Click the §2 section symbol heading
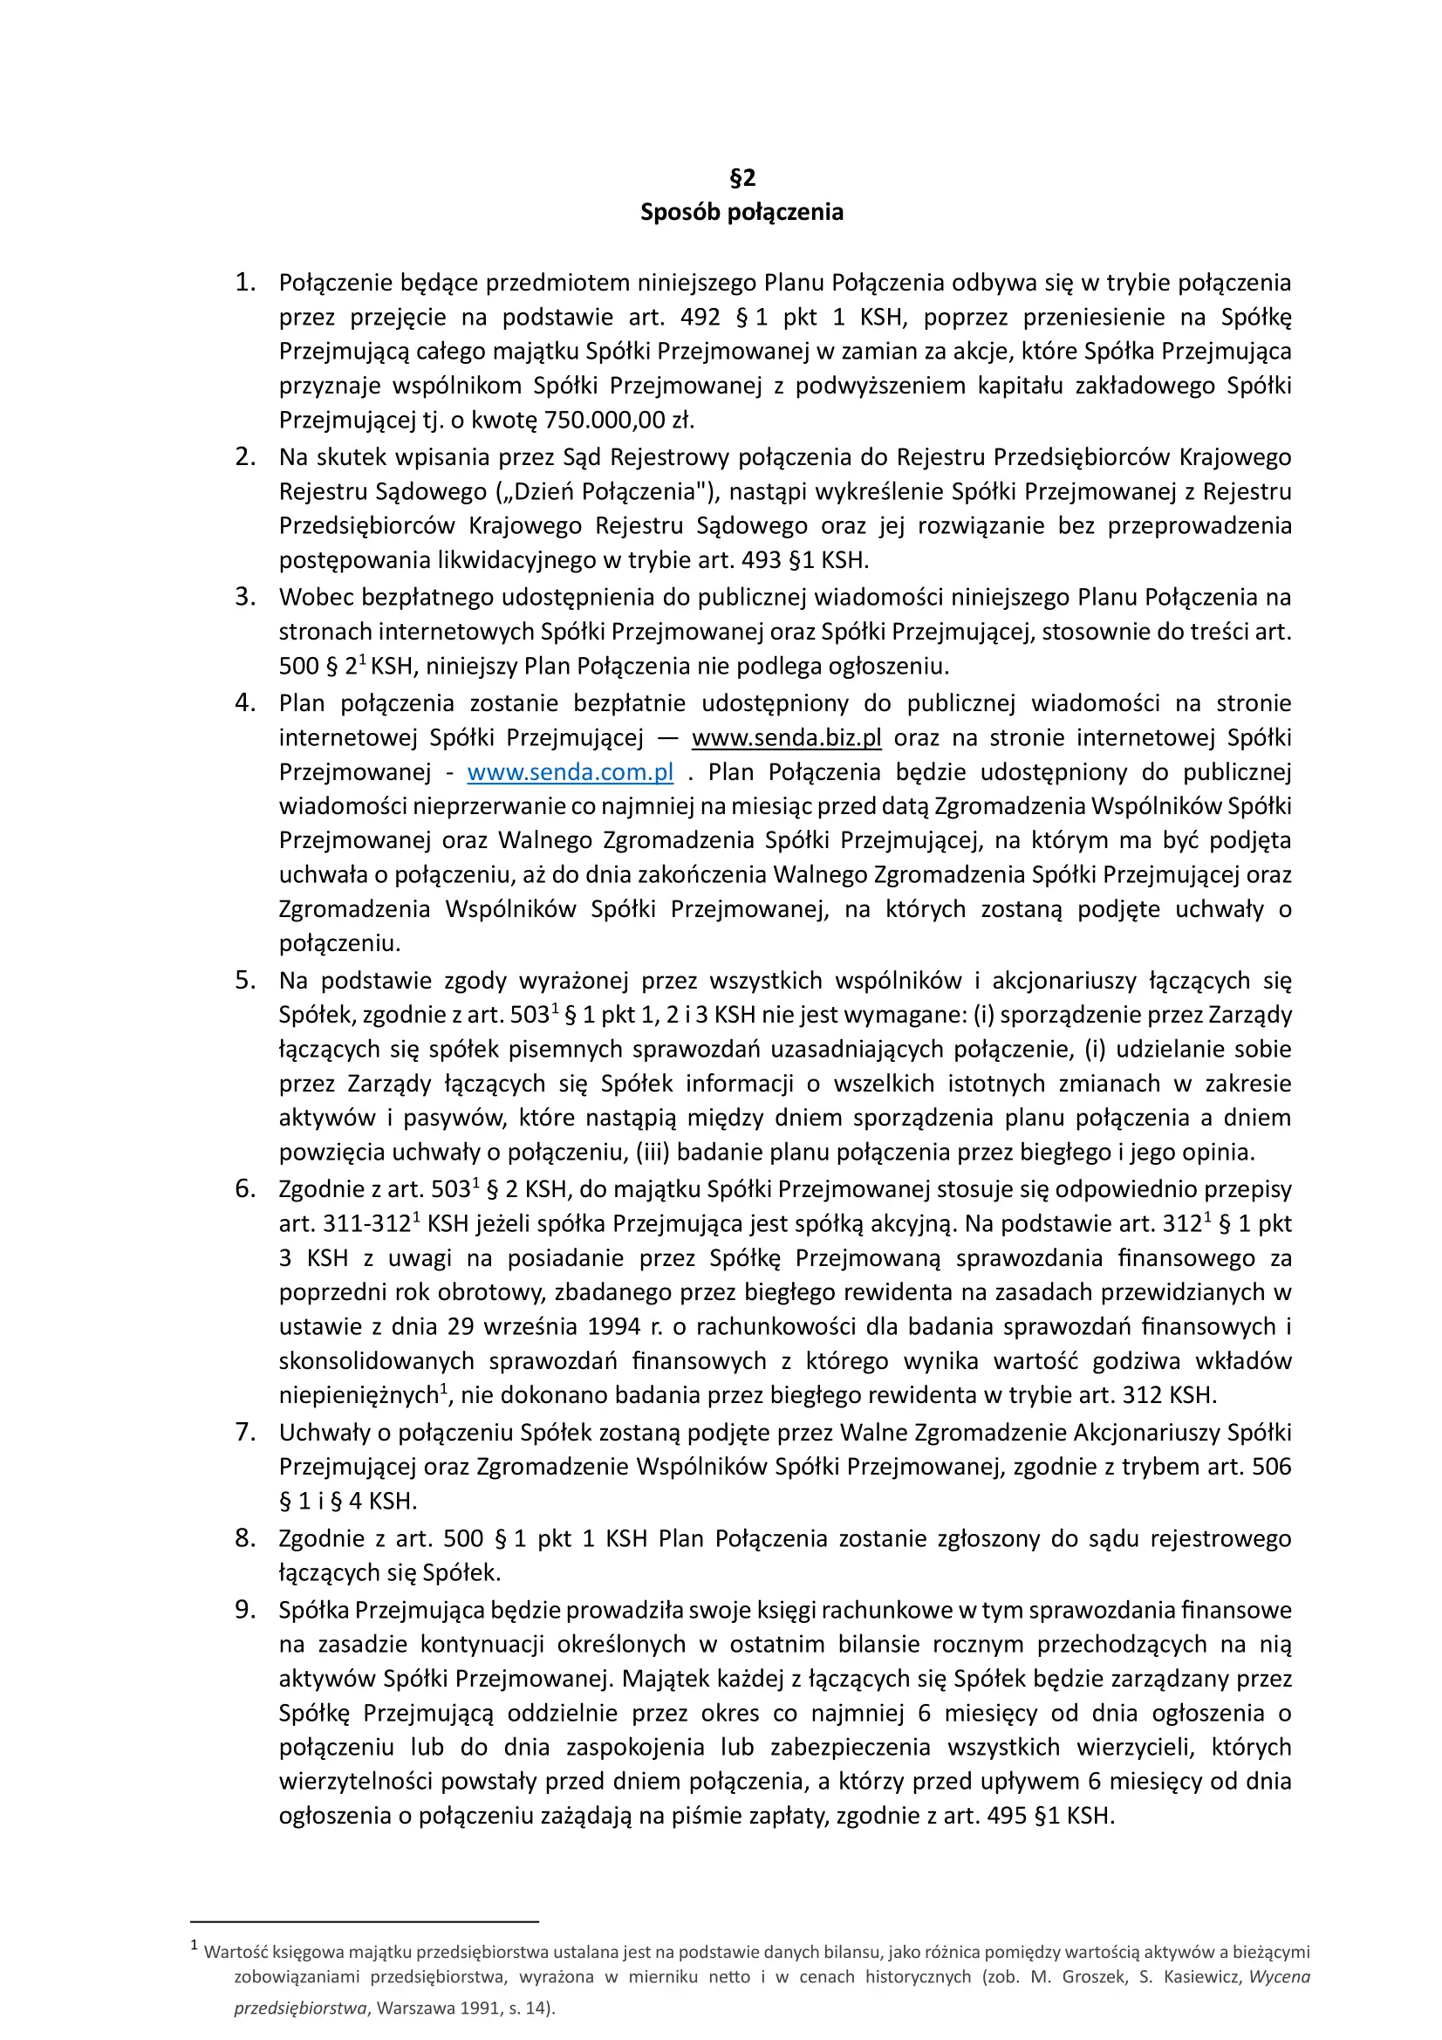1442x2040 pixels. pos(742,178)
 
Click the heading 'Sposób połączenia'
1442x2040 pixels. pos(742,212)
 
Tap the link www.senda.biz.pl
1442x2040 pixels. pos(786,738)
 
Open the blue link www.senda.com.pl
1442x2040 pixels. pos(570,773)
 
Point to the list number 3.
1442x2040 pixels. pos(244,597)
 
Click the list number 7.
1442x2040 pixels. pos(244,1432)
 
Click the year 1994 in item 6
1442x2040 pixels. pos(614,1326)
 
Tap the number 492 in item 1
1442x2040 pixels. pos(700,318)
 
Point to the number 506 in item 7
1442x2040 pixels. pos(1271,1467)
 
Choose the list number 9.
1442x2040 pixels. pos(244,1610)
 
